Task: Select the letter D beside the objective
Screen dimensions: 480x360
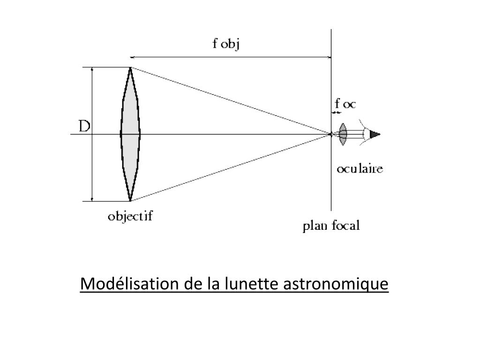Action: (x=84, y=127)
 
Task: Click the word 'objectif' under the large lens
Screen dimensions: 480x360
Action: (x=130, y=217)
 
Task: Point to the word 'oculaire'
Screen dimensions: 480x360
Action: (x=360, y=169)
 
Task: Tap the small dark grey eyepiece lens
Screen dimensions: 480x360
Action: (x=343, y=135)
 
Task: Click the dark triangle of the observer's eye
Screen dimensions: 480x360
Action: (x=375, y=135)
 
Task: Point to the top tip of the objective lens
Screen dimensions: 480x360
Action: (x=130, y=68)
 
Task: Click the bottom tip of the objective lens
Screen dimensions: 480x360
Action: (x=130, y=200)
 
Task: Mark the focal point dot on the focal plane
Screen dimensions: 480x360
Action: (x=331, y=135)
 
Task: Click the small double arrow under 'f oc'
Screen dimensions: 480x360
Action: (x=336, y=112)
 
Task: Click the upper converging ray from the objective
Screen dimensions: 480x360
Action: (x=230, y=101)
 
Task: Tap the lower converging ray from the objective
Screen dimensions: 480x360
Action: (x=230, y=168)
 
